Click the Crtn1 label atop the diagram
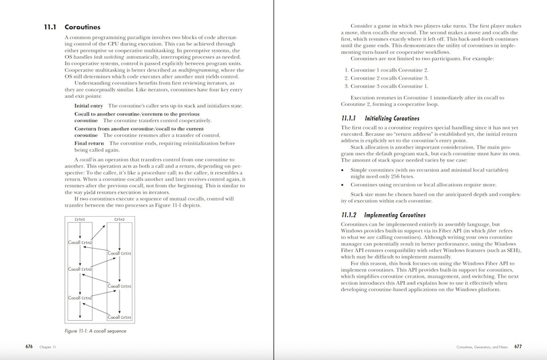click(80, 220)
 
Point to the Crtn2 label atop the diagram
click(120, 220)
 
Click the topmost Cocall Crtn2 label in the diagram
click(80, 242)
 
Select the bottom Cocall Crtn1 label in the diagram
click(120, 317)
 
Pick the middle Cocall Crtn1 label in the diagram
click(120, 286)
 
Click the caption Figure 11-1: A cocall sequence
click(95, 331)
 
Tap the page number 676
click(29, 346)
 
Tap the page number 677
click(517, 346)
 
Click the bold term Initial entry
click(88, 106)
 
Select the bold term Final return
click(89, 143)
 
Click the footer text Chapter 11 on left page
click(47, 346)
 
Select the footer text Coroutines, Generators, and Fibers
click(482, 346)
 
